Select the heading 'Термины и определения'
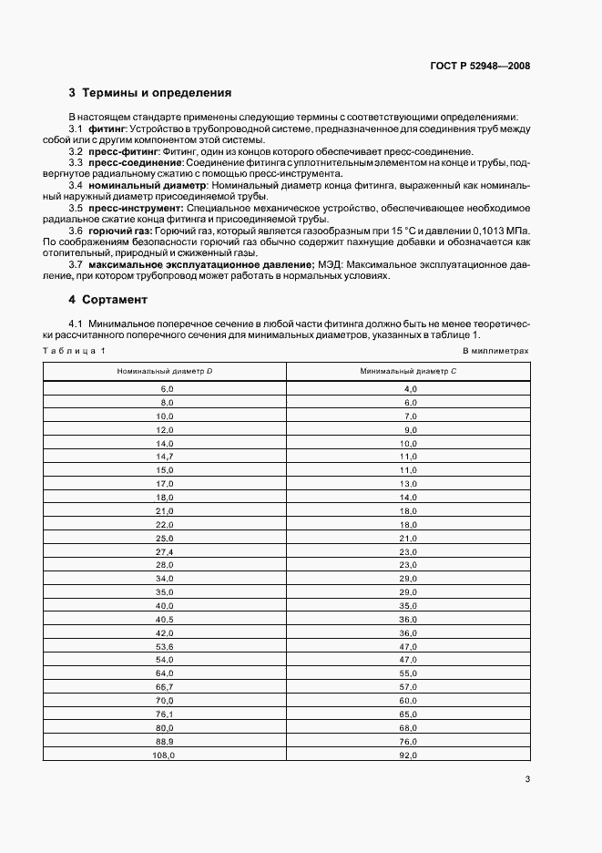click(x=157, y=93)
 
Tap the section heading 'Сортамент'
click(x=114, y=299)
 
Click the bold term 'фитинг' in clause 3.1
click(x=107, y=128)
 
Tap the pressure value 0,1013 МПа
click(x=499, y=231)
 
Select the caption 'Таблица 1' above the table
click(x=75, y=350)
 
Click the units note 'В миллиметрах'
click(x=495, y=350)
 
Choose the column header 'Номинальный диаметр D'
click(x=165, y=372)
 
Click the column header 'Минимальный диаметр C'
click(x=407, y=372)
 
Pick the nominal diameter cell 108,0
click(x=165, y=755)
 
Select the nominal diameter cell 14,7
click(x=165, y=455)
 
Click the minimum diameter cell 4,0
click(x=409, y=389)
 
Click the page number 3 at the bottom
click(x=527, y=778)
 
